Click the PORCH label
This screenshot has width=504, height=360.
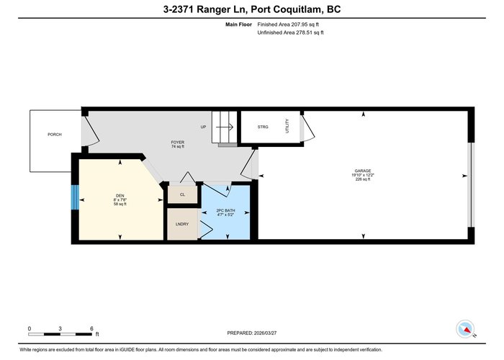coord(54,135)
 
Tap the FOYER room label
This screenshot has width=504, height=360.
coord(177,142)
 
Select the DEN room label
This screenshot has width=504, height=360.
coord(120,196)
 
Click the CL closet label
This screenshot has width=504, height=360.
coord(182,194)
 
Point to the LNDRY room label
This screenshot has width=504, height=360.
coord(182,224)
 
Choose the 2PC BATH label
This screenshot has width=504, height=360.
coord(225,210)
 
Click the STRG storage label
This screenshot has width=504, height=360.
coord(263,127)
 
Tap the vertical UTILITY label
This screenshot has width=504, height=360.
coord(287,126)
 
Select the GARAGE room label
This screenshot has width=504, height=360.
coord(363,171)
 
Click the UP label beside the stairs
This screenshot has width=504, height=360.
coord(203,127)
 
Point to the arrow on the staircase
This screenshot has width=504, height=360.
coord(225,127)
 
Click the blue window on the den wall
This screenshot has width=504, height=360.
coord(75,197)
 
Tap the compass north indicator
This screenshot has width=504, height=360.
coord(465,329)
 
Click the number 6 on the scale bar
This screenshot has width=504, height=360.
coord(91,328)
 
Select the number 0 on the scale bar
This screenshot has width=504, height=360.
coord(30,328)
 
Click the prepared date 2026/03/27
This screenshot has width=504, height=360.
coord(265,333)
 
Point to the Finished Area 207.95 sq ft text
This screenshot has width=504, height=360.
coord(288,24)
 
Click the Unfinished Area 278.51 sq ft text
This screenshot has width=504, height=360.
coord(290,32)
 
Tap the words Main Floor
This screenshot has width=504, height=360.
coord(238,24)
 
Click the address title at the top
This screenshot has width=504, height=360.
coord(252,9)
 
